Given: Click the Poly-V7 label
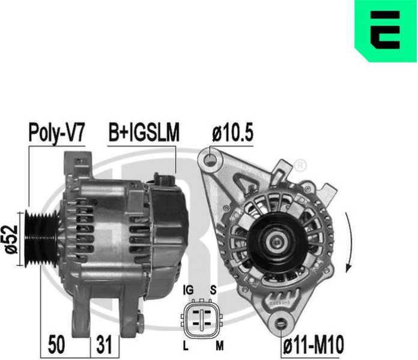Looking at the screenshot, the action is (56, 133).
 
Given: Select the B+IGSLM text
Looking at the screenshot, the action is (144, 133).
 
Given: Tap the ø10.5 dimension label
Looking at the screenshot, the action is (232, 133).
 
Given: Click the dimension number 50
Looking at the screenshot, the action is (56, 345).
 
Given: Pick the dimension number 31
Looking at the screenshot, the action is (104, 345).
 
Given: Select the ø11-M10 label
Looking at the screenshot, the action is (313, 345).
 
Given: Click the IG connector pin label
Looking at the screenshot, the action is (188, 290).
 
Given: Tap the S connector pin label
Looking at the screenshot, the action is (213, 290).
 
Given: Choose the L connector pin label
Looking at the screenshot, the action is (186, 346).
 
